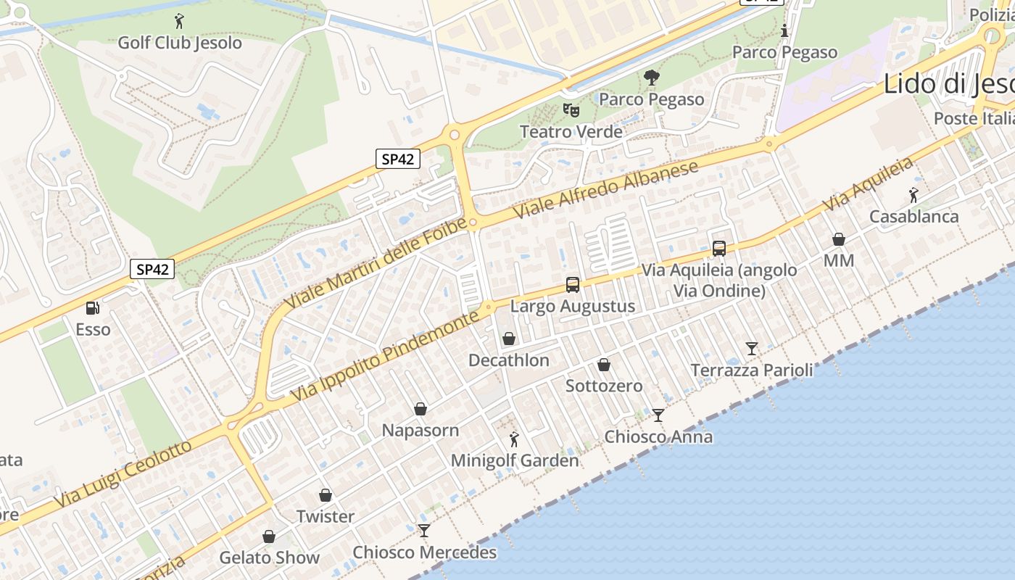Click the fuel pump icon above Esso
click(x=93, y=308)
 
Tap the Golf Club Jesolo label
click(x=180, y=43)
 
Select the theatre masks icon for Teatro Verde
click(x=571, y=110)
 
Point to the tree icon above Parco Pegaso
click(x=652, y=78)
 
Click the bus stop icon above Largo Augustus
click(x=573, y=285)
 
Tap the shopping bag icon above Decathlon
click(x=509, y=339)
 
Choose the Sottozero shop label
click(x=604, y=386)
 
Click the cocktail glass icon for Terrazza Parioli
click(x=752, y=349)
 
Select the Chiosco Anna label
click(x=658, y=437)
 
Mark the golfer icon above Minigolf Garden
click(x=515, y=439)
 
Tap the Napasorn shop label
click(x=420, y=431)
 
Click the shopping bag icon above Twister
click(x=326, y=495)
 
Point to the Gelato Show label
click(x=270, y=558)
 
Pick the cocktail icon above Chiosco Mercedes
click(x=424, y=531)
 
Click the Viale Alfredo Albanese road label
click(x=605, y=190)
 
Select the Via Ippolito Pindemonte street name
click(x=385, y=357)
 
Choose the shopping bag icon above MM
click(x=839, y=239)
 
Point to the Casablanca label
click(x=913, y=217)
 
